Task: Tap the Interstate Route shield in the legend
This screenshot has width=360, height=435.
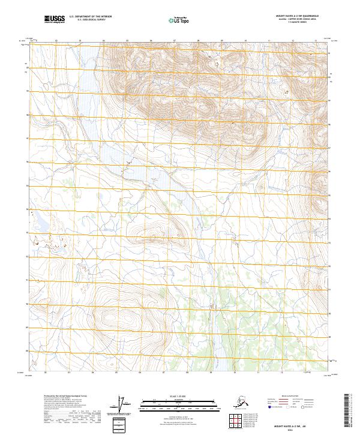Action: point(271,408)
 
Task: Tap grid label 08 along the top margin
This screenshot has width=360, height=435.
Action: point(198,41)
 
